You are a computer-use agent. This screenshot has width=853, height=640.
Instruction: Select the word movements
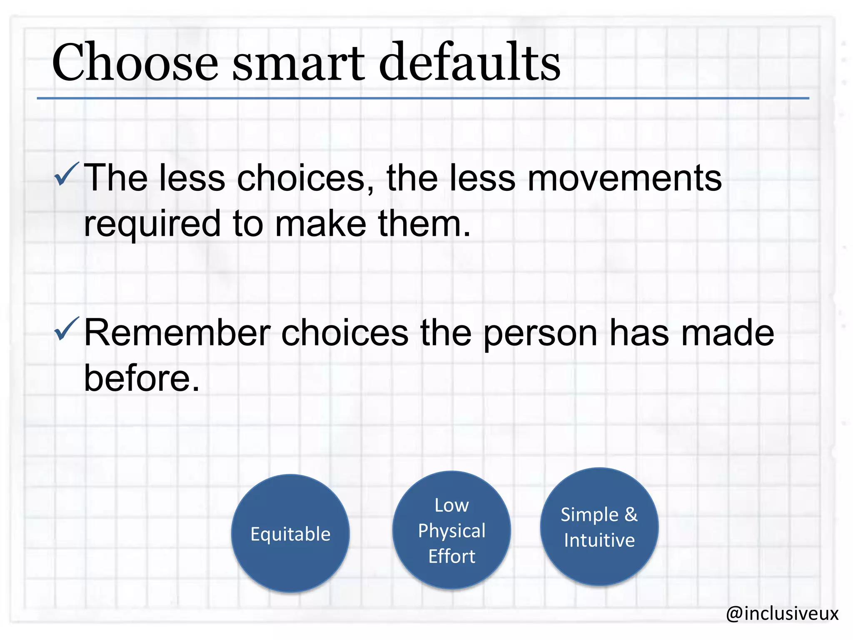pos(624,178)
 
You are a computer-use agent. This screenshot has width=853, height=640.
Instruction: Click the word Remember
pos(177,333)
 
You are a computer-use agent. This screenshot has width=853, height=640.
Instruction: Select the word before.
pos(142,378)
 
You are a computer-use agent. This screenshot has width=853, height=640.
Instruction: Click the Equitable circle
pos(290,533)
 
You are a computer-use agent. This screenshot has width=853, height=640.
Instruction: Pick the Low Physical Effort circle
pos(451,530)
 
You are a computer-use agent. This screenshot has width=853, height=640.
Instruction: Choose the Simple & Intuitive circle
pos(599,527)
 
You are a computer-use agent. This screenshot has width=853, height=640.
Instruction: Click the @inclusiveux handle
pos(782,613)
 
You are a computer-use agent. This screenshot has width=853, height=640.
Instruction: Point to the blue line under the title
pos(422,98)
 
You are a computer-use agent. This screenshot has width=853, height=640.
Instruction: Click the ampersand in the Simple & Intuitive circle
pos(631,515)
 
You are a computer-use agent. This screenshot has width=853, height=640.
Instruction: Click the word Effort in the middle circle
pos(452,556)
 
